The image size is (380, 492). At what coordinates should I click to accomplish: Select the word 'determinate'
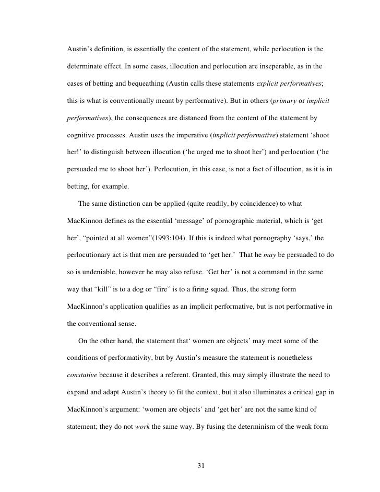pos(87,68)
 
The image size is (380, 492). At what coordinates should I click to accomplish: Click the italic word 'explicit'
pos(275,86)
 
